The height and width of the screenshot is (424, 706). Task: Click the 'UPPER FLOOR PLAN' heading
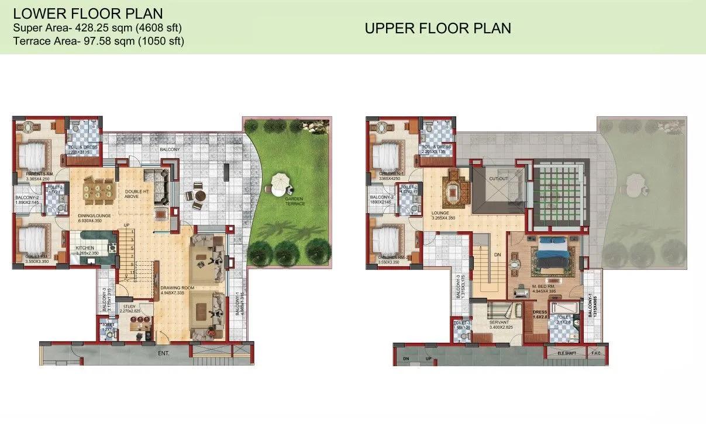click(x=438, y=28)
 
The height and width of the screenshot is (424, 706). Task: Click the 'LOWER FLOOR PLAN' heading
click(x=88, y=13)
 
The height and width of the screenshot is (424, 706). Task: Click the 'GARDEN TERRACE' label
click(x=295, y=201)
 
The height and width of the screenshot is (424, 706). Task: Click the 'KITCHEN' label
click(x=85, y=248)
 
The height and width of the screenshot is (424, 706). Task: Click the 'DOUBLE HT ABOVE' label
click(x=136, y=194)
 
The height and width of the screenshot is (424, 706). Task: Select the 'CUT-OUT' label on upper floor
click(x=498, y=179)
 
